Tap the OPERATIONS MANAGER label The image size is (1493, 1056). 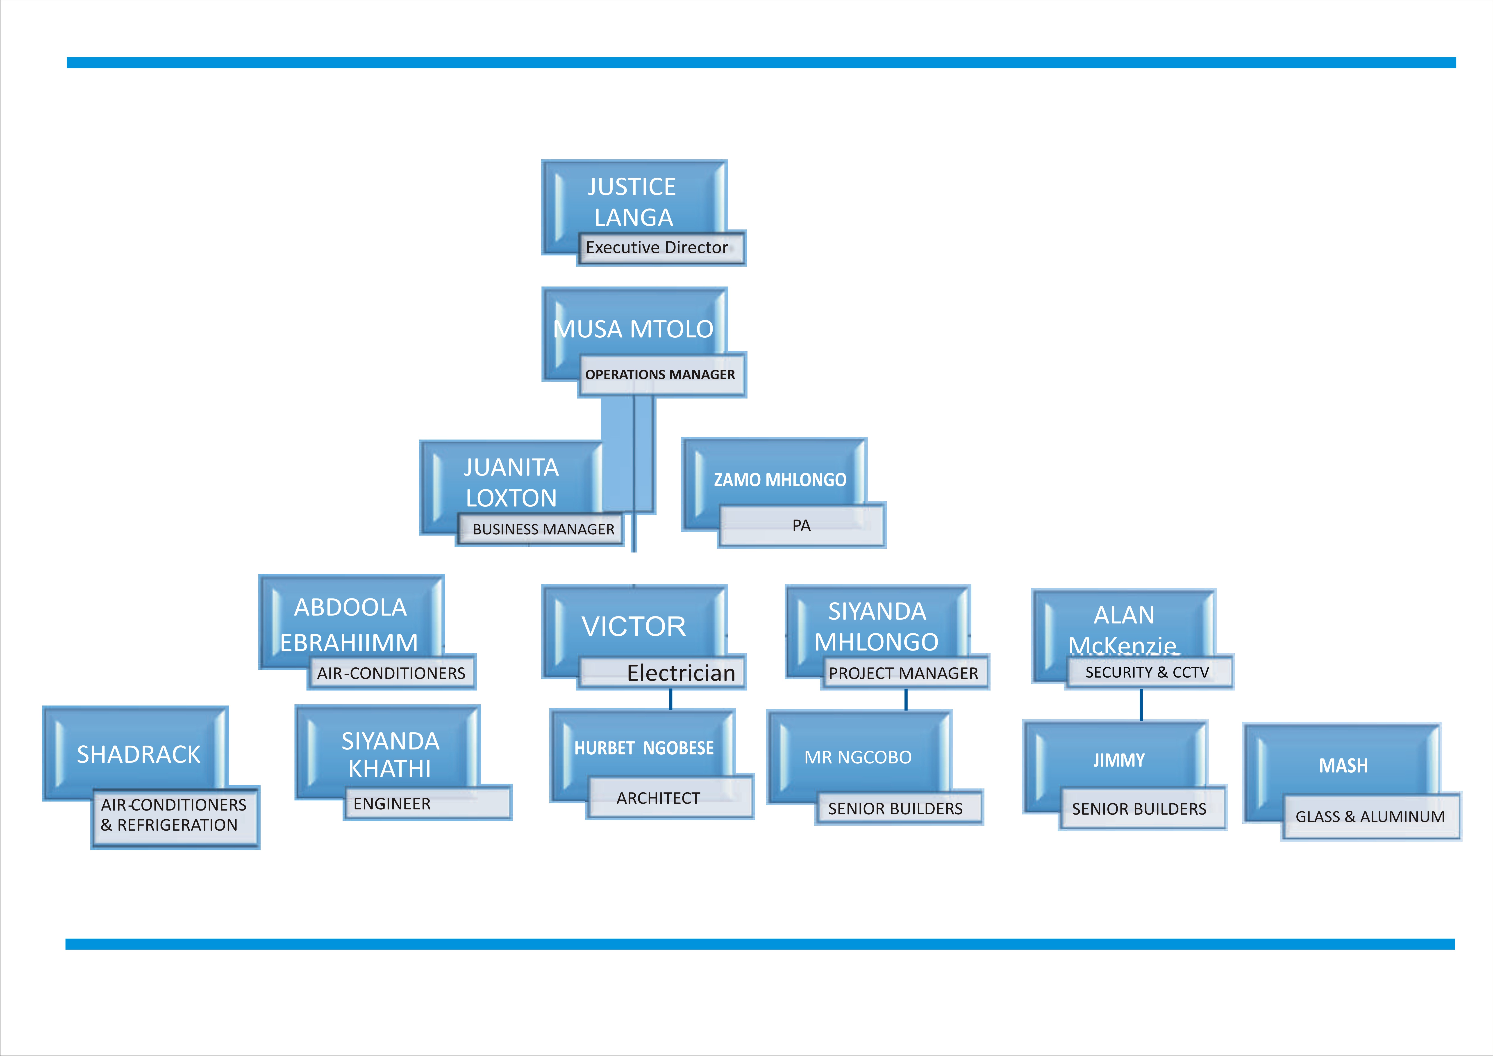click(x=660, y=375)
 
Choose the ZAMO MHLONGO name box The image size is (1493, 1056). click(x=780, y=480)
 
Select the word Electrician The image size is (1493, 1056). click(x=681, y=673)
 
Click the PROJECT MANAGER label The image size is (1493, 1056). click(x=903, y=673)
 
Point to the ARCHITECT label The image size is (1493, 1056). click(x=658, y=798)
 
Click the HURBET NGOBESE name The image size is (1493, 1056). click(x=644, y=748)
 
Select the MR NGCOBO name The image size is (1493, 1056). click(x=858, y=757)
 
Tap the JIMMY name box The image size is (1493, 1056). click(x=1118, y=760)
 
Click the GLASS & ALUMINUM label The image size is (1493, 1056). click(x=1370, y=817)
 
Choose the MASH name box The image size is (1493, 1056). click(x=1343, y=766)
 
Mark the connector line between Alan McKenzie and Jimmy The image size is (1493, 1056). click(x=1141, y=705)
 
